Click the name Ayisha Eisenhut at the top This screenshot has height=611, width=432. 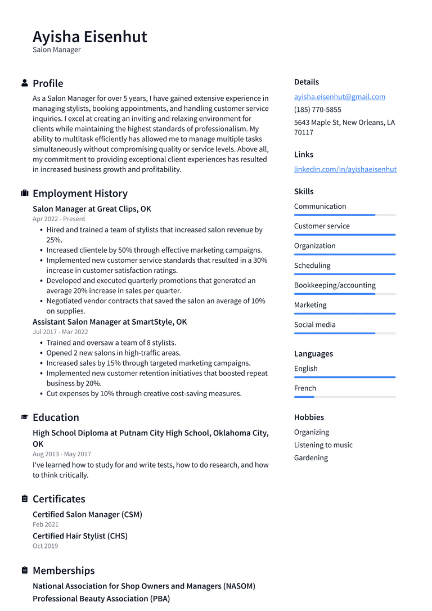(x=90, y=37)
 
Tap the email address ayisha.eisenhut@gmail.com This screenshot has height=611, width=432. (x=339, y=97)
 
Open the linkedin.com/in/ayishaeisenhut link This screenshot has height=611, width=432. (x=345, y=169)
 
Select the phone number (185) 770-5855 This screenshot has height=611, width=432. (x=317, y=110)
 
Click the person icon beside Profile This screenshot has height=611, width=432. (x=25, y=83)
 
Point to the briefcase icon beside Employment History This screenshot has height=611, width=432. (x=25, y=194)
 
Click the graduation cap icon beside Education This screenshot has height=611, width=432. (x=25, y=417)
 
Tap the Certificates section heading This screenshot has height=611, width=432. (x=59, y=499)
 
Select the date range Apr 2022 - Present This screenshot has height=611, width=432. (x=59, y=219)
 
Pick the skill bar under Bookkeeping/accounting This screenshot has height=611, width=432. (x=344, y=294)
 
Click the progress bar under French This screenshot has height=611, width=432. (x=344, y=397)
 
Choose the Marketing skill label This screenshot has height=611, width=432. (x=310, y=305)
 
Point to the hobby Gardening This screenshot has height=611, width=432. (x=310, y=458)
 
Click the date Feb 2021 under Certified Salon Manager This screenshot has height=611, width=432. (x=46, y=524)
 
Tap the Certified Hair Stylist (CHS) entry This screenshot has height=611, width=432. (x=80, y=536)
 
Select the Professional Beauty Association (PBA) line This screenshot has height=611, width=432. (x=101, y=599)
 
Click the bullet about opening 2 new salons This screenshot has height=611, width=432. (x=114, y=353)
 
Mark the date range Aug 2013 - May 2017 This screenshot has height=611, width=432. (x=62, y=454)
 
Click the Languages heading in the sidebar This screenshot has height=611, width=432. (x=313, y=354)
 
